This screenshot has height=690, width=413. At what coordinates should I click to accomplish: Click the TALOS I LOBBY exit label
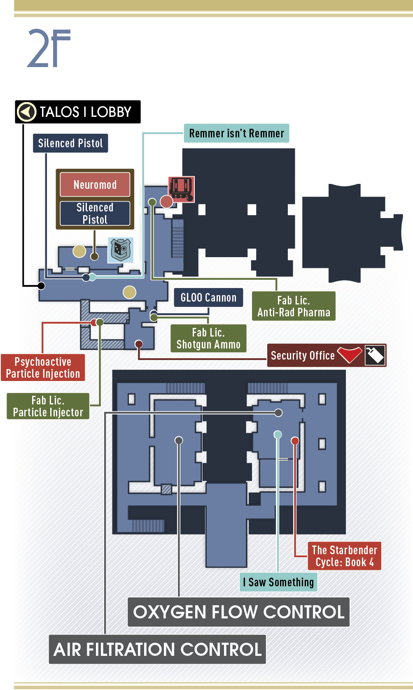pyautogui.click(x=78, y=112)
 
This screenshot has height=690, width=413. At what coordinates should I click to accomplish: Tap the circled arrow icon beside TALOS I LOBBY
pyautogui.click(x=26, y=112)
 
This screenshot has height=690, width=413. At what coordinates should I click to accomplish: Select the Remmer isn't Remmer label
pyautogui.click(x=236, y=133)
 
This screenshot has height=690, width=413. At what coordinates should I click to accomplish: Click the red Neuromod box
pyautogui.click(x=95, y=184)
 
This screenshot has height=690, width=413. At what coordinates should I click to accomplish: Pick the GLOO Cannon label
pyautogui.click(x=208, y=297)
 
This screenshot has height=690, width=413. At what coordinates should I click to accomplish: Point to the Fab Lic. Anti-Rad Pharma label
pyautogui.click(x=294, y=306)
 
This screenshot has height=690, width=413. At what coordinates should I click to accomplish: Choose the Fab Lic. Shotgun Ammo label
pyautogui.click(x=208, y=338)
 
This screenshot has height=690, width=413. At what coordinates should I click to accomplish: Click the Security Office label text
pyautogui.click(x=303, y=355)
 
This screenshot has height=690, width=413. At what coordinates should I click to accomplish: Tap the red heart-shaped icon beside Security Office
pyautogui.click(x=350, y=354)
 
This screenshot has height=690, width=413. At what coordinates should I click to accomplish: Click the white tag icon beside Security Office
pyautogui.click(x=375, y=355)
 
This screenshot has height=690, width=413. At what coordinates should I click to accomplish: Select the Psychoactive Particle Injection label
pyautogui.click(x=43, y=367)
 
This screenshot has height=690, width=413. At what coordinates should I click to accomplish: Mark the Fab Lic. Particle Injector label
pyautogui.click(x=48, y=406)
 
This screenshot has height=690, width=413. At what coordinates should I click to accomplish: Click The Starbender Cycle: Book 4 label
pyautogui.click(x=345, y=556)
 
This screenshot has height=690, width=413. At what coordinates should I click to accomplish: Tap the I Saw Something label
pyautogui.click(x=278, y=582)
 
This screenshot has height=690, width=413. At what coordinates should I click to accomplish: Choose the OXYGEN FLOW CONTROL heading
pyautogui.click(x=238, y=612)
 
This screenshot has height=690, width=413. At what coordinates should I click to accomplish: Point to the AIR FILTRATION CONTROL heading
pyautogui.click(x=157, y=649)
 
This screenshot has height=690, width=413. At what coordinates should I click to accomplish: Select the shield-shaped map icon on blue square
pyautogui.click(x=121, y=250)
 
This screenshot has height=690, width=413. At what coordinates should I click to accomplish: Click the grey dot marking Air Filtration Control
pyautogui.click(x=278, y=413)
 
